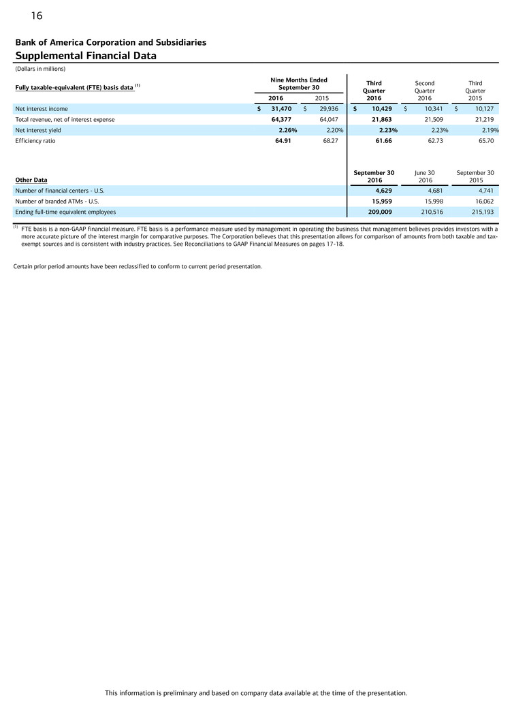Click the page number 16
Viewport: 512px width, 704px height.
37,15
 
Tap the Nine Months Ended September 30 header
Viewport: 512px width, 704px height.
299,84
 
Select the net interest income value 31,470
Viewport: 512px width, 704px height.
281,108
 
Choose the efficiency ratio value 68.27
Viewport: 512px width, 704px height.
330,141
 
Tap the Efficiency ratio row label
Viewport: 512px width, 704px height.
35,141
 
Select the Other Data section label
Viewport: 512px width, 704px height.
31,180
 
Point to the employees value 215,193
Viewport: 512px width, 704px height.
481,212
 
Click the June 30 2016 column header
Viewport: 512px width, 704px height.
425,176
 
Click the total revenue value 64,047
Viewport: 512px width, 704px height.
329,119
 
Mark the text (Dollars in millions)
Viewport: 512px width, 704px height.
39,69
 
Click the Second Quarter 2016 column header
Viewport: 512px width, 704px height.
424,91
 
